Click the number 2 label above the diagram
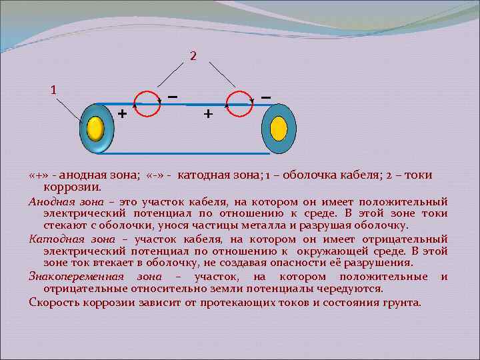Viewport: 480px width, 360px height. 193,56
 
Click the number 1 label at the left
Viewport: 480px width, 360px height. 54,89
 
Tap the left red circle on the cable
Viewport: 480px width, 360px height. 148,103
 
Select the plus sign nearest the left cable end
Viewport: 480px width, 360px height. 121,113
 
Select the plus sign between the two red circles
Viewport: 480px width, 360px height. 208,114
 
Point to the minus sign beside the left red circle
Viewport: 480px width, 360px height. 172,97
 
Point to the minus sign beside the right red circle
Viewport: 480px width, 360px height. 265,97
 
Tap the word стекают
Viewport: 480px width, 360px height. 65,226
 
